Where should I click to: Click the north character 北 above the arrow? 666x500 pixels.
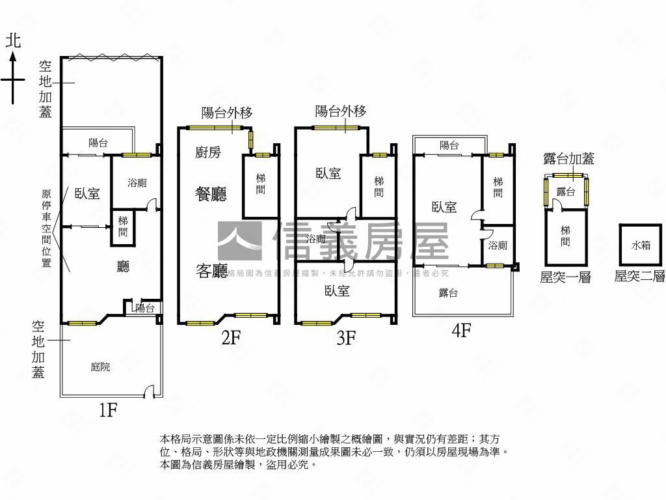click(13, 41)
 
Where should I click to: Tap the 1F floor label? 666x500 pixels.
click(107, 410)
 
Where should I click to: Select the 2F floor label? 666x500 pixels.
click(231, 337)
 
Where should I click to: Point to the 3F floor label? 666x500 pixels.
click(345, 337)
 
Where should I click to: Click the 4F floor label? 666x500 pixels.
click(461, 331)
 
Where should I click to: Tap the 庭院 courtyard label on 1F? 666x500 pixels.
click(100, 367)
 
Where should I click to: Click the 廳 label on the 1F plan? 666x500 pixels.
click(123, 267)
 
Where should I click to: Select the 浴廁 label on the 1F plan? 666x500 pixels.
click(137, 183)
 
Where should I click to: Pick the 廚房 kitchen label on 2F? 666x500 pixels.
click(208, 152)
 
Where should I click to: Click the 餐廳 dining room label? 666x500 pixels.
click(211, 194)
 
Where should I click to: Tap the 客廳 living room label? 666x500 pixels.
click(211, 271)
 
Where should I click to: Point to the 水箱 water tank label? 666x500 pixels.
click(641, 245)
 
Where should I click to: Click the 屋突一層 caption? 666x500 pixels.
click(565, 277)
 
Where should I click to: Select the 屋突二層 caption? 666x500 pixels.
click(640, 277)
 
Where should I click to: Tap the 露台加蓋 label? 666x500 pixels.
click(568, 159)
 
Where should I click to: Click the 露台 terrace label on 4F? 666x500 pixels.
click(449, 293)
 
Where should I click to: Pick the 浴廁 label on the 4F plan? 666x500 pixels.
click(498, 245)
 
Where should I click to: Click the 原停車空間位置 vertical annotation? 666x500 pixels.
click(46, 228)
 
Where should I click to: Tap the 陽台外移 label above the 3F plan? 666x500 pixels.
click(341, 111)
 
